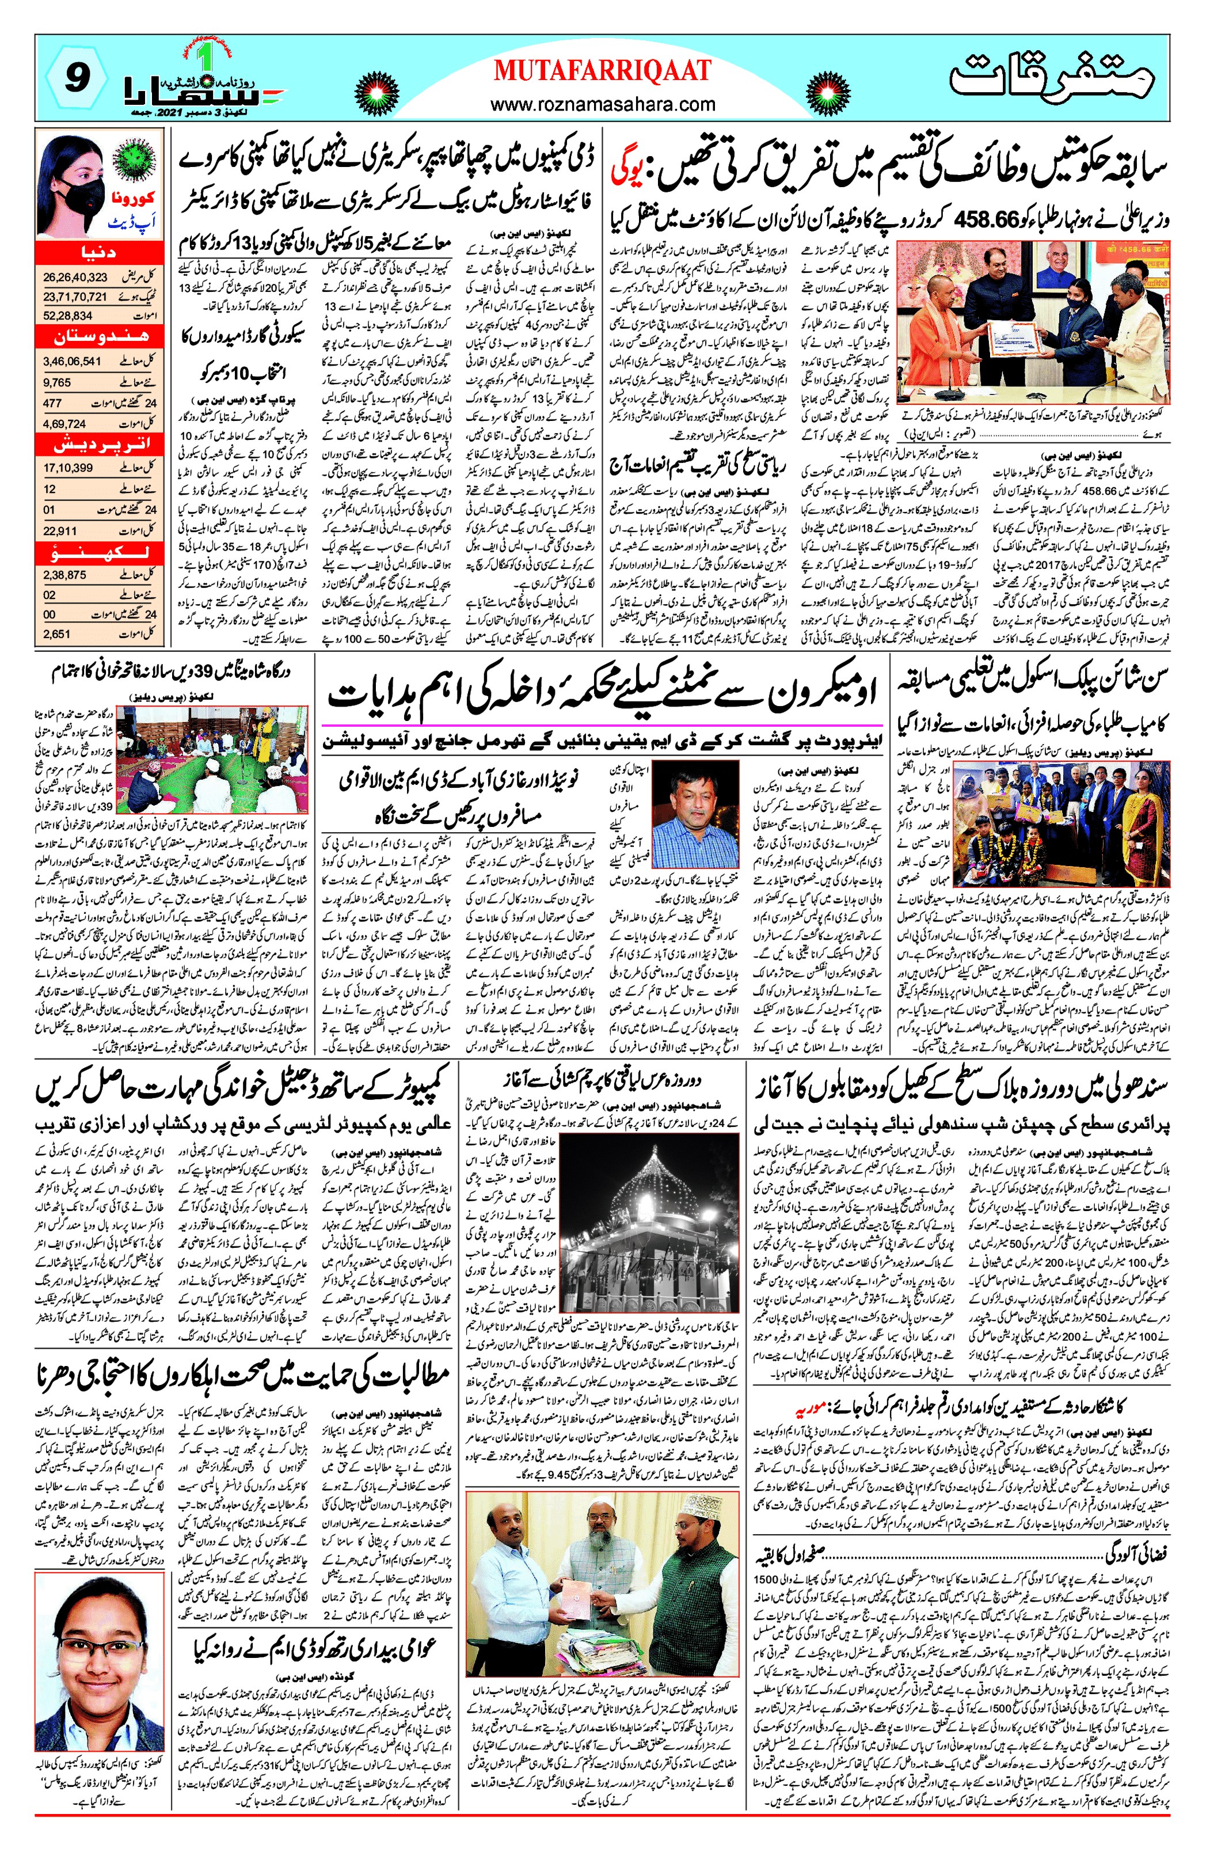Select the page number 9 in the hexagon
click(x=75, y=78)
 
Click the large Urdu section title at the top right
click(x=1051, y=78)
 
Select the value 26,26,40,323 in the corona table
click(x=75, y=277)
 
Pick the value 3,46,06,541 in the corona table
click(x=73, y=362)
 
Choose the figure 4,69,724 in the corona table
click(x=66, y=424)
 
